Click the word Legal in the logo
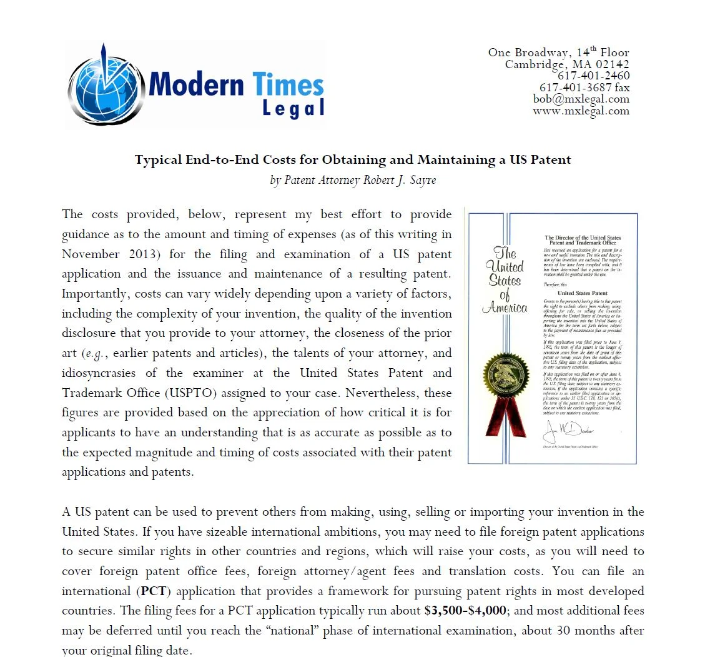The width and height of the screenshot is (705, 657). coord(293,108)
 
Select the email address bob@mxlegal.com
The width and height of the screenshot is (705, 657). coord(581,99)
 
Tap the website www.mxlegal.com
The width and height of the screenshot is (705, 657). coord(581,111)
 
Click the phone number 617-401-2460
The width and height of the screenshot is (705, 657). coord(593,76)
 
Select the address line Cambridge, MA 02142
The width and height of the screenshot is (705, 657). coord(566,64)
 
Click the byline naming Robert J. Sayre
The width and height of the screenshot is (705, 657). coord(352,180)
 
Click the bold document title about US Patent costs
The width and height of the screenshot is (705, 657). coord(353,159)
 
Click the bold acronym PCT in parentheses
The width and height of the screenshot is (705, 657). coord(154,591)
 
